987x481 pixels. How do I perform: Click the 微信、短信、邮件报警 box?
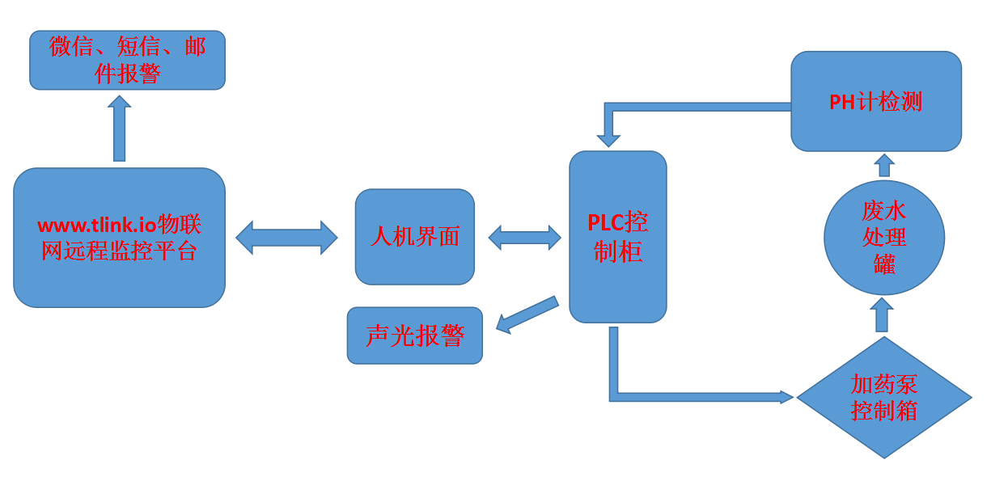[x=127, y=60]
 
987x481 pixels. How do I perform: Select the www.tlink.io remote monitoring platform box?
[x=119, y=238]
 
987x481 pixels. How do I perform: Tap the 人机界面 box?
[x=414, y=237]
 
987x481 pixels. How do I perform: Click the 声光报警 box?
[x=414, y=335]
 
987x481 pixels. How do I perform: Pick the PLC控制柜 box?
[x=617, y=237]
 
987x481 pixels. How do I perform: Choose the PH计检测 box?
[x=875, y=102]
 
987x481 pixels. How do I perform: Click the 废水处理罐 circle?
[x=883, y=238]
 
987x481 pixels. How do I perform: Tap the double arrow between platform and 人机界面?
[x=286, y=238]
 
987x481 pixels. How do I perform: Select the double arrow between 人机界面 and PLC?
[x=524, y=238]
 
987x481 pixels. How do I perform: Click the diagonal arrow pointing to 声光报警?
[x=527, y=314]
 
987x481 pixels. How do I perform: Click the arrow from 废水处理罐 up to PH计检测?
[x=884, y=166]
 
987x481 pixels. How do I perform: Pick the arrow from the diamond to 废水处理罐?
[x=882, y=314]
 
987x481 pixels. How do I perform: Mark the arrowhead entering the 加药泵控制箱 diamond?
[x=786, y=397]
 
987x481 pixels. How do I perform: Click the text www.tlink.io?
[x=97, y=225]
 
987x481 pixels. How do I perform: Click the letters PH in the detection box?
[x=842, y=103]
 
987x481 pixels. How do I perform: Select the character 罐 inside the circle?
[x=883, y=264]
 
